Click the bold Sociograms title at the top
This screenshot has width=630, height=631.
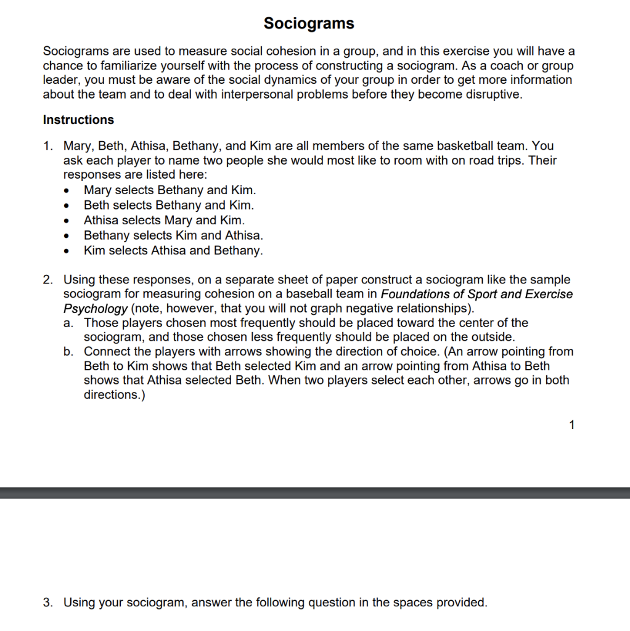pyautogui.click(x=309, y=23)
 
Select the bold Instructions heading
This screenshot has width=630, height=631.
pyautogui.click(x=78, y=120)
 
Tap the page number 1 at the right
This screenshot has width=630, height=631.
pyautogui.click(x=572, y=424)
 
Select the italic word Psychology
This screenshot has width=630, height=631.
pyautogui.click(x=96, y=308)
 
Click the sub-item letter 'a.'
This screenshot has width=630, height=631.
pyautogui.click(x=69, y=323)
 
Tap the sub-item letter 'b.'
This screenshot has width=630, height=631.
pyautogui.click(x=69, y=352)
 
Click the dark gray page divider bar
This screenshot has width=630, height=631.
pyautogui.click(x=315, y=493)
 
